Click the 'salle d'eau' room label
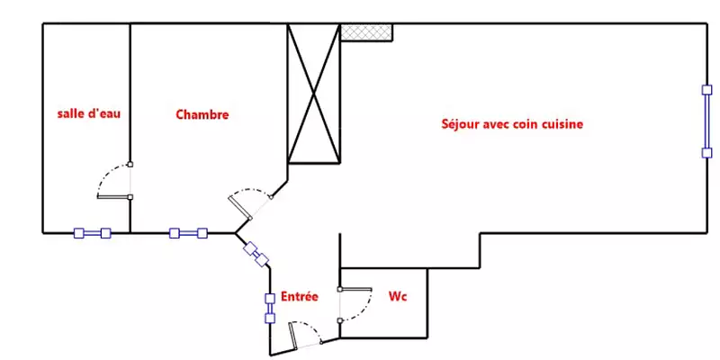88,113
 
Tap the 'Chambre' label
202,114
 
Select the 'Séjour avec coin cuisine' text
512,124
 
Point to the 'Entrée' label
300,297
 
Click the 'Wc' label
398,297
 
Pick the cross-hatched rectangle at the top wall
366,32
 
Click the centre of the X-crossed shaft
313,94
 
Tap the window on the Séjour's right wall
707,121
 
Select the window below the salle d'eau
93,233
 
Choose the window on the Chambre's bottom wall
188,233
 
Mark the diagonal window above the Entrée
256,255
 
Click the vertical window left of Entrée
270,308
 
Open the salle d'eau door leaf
114,197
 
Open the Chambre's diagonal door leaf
239,207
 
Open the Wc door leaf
355,289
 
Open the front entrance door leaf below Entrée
292,334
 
